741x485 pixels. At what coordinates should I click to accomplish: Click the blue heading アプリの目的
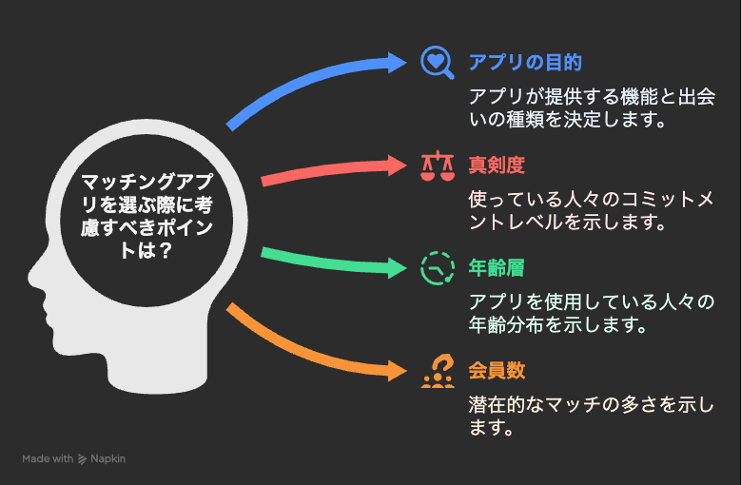(525, 63)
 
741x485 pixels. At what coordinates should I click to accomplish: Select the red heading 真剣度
(497, 165)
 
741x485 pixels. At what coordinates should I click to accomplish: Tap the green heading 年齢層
(497, 268)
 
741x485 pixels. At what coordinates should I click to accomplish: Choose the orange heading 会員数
(497, 371)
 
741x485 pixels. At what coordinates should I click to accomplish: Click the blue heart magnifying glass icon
(438, 63)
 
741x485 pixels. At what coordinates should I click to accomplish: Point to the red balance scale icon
(438, 165)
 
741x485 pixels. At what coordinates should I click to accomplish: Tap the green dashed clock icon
(438, 268)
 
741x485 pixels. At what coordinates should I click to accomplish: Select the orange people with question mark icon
(438, 371)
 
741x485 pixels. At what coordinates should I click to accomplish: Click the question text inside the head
(146, 216)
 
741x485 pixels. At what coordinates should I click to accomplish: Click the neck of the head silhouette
(156, 363)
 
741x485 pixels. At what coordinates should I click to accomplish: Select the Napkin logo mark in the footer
(82, 459)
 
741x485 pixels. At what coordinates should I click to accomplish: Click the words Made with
(48, 458)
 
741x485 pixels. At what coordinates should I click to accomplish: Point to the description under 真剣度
(591, 210)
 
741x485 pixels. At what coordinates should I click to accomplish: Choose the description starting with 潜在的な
(591, 417)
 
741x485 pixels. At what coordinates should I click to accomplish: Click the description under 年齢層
(591, 314)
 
